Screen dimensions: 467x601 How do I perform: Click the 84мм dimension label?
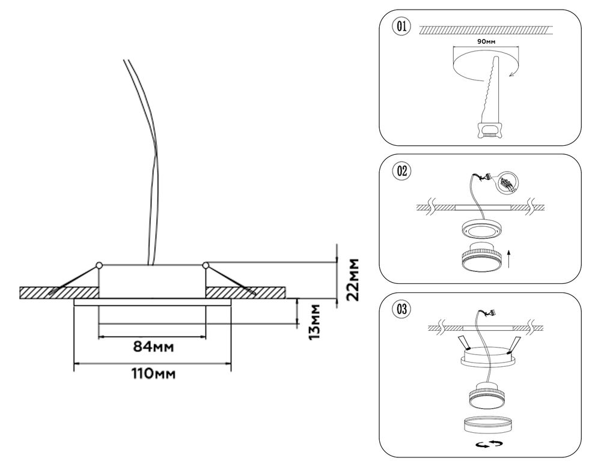pos(151,347)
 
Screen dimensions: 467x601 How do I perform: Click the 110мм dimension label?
pos(153,373)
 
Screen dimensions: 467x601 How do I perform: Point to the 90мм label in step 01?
pos(485,42)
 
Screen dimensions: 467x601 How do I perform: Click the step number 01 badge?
pos(401,26)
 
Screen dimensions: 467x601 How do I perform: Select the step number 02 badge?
pos(401,171)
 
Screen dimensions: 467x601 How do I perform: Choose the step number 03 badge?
pos(401,310)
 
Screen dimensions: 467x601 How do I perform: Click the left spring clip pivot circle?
pos(98,265)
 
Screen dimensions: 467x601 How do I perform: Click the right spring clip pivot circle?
pos(206,265)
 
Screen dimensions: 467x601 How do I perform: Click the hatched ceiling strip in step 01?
pos(484,29)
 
